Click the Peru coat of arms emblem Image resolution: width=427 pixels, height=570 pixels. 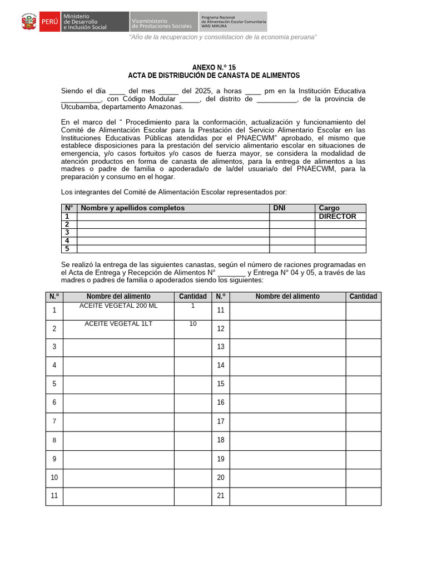[28, 22]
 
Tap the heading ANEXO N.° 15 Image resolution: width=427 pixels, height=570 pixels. [213, 67]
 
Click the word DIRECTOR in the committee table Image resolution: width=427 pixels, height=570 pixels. [337, 217]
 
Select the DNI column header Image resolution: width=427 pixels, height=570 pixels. [279, 208]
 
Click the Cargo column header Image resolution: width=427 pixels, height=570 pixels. [329, 208]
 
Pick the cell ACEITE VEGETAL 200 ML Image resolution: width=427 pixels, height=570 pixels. [118, 306]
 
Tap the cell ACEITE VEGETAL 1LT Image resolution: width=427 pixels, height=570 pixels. [118, 324]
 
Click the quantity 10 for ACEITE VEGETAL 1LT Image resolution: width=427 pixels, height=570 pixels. [193, 324]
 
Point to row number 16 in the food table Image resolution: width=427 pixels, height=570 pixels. [221, 402]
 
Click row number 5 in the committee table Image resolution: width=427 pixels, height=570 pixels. [67, 249]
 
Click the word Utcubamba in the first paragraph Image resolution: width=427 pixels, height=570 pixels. [81, 107]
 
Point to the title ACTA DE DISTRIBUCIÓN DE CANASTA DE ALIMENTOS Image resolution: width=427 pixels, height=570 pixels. [213, 76]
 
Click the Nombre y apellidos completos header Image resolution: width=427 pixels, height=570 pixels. [133, 208]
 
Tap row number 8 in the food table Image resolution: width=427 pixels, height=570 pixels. [54, 440]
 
